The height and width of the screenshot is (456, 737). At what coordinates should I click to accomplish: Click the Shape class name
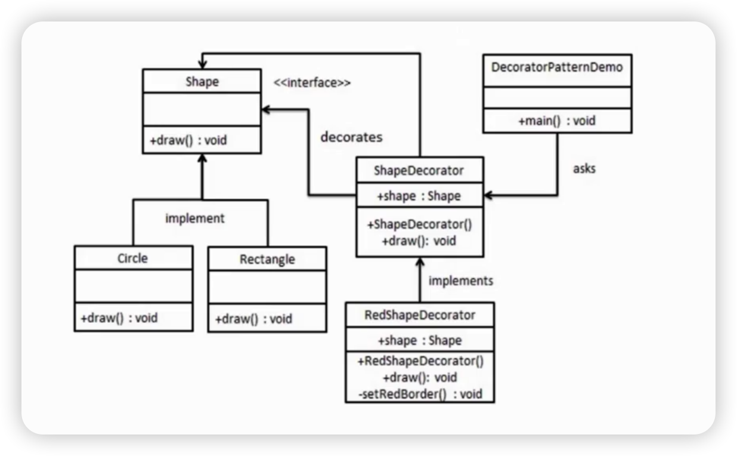coord(202,82)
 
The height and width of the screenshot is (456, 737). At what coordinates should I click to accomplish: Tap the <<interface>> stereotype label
coord(312,83)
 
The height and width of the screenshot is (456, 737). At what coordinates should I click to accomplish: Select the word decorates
coord(351,137)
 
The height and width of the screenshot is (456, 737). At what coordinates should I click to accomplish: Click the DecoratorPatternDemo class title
coord(556,67)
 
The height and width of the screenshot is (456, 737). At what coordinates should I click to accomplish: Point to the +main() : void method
coord(556,121)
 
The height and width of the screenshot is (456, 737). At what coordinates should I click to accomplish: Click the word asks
coord(584,168)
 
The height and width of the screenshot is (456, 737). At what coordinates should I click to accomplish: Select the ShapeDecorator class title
coord(419,171)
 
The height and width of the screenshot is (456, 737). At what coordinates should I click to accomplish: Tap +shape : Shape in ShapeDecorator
coord(419,196)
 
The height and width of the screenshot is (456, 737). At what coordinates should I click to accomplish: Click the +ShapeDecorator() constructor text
coord(420,225)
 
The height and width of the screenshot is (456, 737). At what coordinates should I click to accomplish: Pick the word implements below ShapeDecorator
coord(461,281)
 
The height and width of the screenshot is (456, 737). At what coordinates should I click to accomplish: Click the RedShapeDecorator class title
coord(420,315)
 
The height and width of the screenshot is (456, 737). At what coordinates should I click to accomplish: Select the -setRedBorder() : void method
coord(420,394)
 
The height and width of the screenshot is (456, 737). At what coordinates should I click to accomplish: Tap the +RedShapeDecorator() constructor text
coord(420,361)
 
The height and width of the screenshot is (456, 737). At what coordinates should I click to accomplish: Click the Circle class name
coord(132,258)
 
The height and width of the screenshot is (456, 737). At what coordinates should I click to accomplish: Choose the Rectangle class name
coord(267,260)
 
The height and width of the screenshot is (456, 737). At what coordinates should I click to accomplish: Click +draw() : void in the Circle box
coord(119,318)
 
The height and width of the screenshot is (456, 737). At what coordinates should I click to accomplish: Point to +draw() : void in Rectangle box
coord(254,319)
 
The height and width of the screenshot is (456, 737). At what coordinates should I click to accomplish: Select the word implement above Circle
coord(195,218)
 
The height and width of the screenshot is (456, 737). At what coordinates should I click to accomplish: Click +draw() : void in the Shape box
coord(188,141)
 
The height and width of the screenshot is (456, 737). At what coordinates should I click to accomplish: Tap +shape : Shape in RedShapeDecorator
coord(420,341)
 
